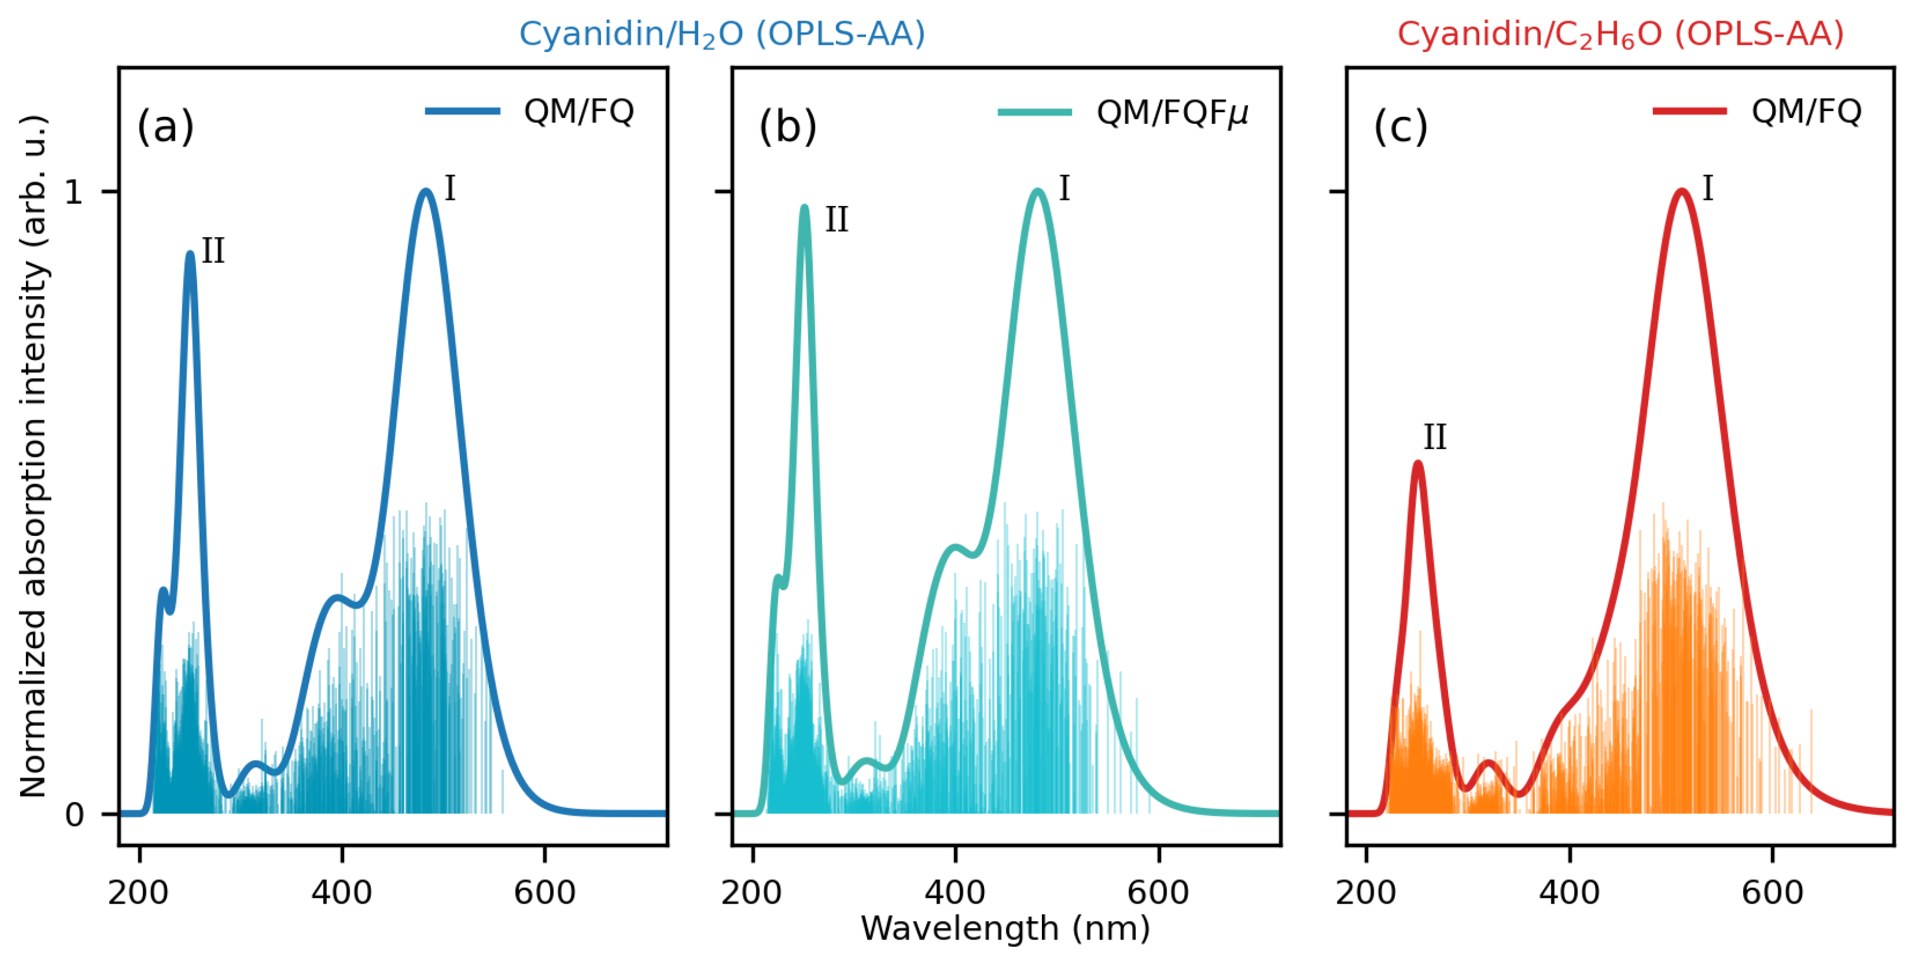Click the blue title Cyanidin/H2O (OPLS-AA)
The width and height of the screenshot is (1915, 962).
coord(721,34)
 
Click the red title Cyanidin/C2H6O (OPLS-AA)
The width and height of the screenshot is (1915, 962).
coord(1620,34)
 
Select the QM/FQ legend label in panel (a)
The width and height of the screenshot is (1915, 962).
coord(579,112)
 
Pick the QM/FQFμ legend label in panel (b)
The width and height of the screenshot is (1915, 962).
coord(1172,113)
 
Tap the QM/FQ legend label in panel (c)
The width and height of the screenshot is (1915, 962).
coord(1806,112)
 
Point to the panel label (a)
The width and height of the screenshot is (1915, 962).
coord(165,126)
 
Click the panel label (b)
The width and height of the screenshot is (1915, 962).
coord(787,126)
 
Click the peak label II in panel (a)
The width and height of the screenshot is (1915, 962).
coord(213,251)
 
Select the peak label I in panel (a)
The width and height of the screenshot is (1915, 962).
coord(450,189)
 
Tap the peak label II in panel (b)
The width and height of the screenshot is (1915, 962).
coord(836,220)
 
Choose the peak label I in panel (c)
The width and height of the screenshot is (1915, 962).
coord(1708,189)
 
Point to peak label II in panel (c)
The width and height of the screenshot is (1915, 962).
coord(1434,437)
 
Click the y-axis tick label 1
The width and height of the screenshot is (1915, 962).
coord(74,192)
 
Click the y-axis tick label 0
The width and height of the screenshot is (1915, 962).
coord(74,816)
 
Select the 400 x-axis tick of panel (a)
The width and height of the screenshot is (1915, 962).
coord(341,891)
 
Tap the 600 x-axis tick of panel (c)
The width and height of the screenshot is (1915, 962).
coord(1772,891)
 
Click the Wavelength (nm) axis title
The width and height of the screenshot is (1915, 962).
coord(1005,928)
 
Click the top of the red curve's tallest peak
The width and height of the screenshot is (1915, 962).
coord(1682,191)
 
